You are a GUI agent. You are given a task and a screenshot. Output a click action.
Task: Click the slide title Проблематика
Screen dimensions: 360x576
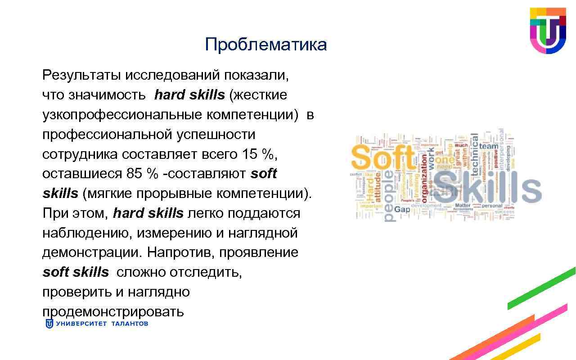(265, 45)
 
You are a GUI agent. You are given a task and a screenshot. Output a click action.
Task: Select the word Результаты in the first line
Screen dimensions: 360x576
(81, 75)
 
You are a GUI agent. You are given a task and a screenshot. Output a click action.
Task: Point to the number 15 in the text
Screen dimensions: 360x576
(250, 154)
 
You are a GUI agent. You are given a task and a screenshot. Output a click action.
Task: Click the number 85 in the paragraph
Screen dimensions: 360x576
(130, 174)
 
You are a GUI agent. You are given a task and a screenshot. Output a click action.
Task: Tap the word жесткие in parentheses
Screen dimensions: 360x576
(260, 95)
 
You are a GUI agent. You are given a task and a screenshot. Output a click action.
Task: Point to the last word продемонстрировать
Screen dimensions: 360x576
(113, 311)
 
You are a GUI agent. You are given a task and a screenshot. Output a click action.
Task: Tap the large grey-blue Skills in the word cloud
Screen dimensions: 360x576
(486, 188)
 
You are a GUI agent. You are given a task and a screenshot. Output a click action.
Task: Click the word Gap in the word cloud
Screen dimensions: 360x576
(402, 209)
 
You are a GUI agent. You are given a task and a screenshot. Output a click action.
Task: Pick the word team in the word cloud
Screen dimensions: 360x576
(489, 146)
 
